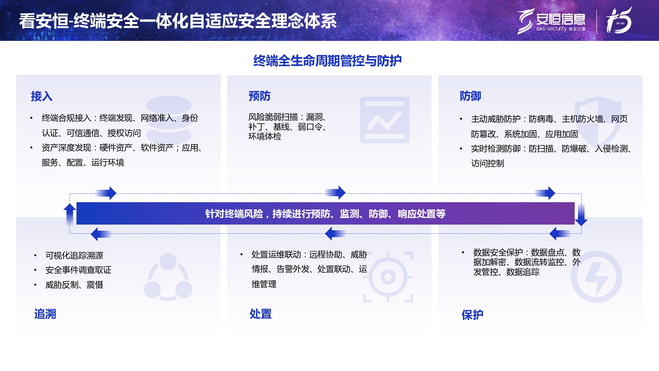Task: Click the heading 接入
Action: (42, 96)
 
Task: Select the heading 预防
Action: (259, 96)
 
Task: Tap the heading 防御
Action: (470, 96)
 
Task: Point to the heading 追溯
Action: (45, 314)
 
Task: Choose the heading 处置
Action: (261, 314)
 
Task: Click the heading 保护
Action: (472, 315)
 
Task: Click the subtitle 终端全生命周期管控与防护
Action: (327, 61)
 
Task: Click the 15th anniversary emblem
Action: (619, 21)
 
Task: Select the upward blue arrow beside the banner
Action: (70, 214)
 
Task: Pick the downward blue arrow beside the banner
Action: (581, 214)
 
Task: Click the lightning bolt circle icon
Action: (596, 277)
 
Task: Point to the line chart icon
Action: (385, 120)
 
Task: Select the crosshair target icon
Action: (388, 277)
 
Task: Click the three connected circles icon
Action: (168, 277)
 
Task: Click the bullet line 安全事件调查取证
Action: (78, 270)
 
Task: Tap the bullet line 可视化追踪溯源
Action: (74, 256)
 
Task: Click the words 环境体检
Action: (265, 137)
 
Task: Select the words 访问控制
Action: (487, 164)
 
